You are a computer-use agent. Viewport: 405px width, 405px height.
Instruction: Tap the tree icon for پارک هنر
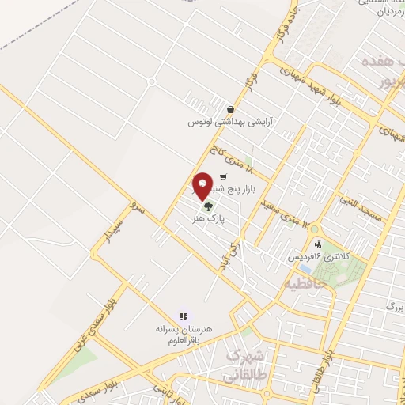(x=208, y=206)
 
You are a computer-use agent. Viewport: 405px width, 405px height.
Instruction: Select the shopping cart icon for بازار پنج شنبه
(x=224, y=177)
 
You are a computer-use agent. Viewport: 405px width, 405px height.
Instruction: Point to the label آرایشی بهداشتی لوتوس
(x=224, y=122)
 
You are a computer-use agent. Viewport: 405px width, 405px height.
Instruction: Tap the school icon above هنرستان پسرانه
(x=184, y=316)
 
